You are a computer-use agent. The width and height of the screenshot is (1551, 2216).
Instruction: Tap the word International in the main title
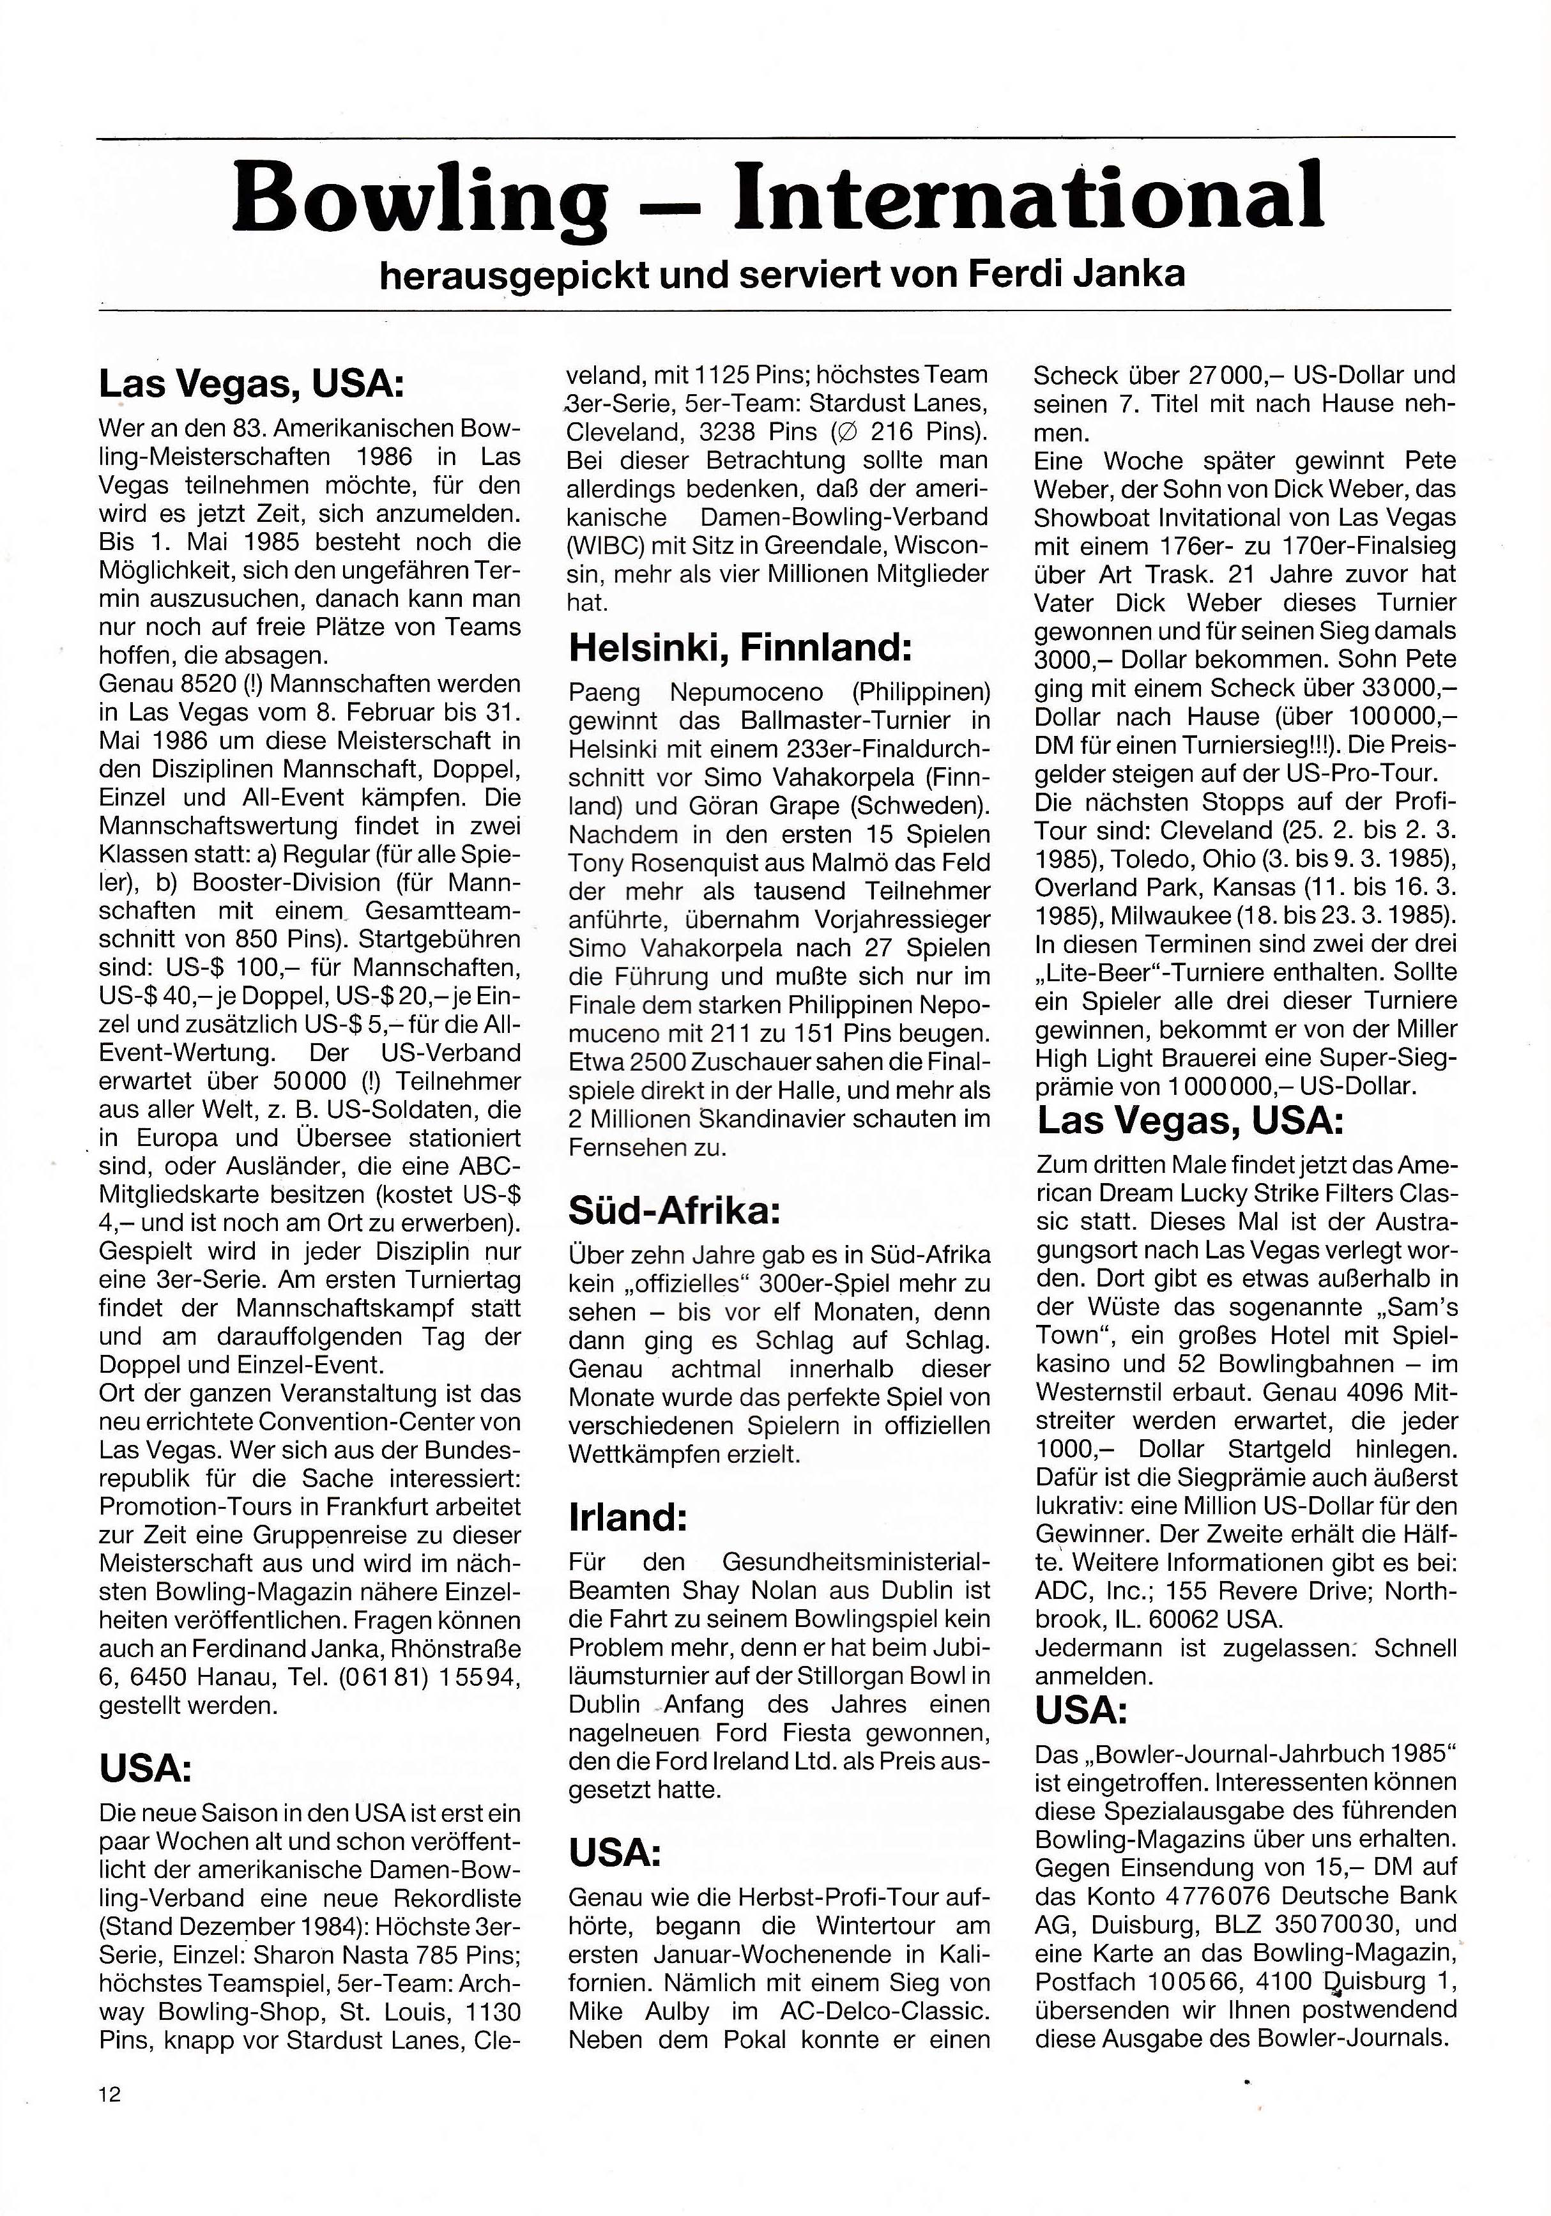(1029, 196)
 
